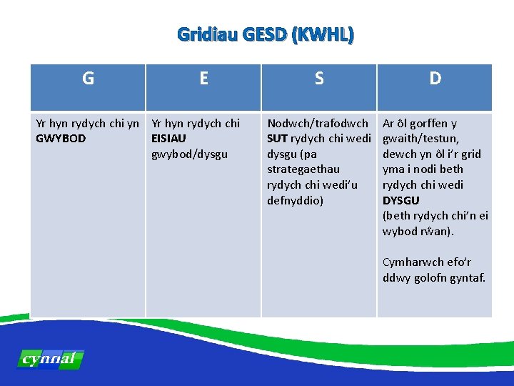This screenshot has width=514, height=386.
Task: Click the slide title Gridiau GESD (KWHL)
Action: [265, 34]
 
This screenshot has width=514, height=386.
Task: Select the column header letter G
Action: [88, 79]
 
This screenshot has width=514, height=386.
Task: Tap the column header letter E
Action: [203, 79]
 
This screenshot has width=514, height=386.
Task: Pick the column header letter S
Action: [319, 79]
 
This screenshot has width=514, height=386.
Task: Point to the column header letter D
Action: [435, 79]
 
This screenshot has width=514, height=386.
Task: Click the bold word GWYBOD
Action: [61, 139]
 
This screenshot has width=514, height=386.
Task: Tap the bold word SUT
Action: [277, 139]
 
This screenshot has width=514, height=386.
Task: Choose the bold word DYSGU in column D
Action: [401, 200]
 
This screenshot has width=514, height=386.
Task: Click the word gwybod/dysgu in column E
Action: [190, 154]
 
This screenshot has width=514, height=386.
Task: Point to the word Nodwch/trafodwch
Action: [318, 124]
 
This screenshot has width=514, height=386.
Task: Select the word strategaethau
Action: [303, 169]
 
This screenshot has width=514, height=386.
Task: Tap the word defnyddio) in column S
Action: [295, 200]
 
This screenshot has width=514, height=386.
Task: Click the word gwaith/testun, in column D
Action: [421, 139]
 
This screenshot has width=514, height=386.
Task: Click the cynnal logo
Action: [50, 359]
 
